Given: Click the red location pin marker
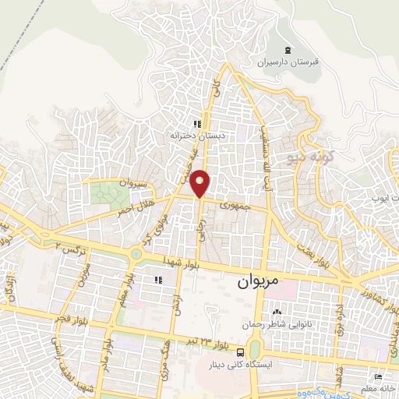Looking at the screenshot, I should [201, 182].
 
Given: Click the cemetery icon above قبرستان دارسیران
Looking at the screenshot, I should [289, 50].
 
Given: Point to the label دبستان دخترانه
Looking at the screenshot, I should [192, 135].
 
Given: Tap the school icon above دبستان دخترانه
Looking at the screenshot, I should [198, 123].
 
